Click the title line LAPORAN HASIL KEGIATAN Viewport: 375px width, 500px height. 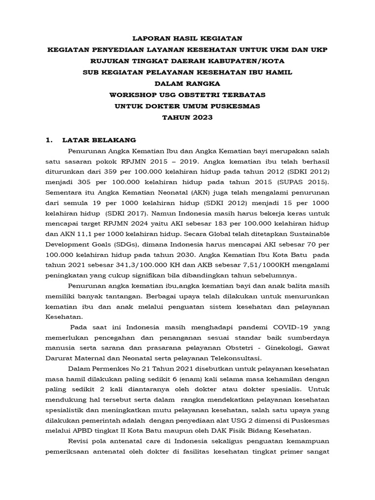tap(187, 38)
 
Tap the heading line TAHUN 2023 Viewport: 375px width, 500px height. tap(187, 117)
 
